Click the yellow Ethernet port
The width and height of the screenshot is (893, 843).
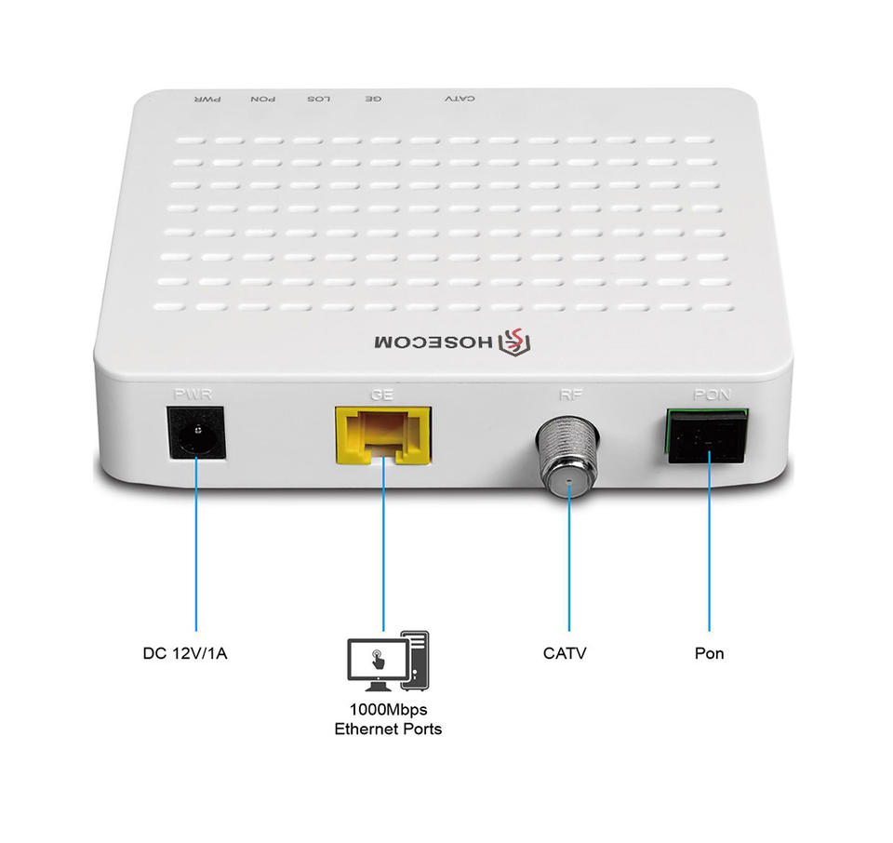[x=382, y=435]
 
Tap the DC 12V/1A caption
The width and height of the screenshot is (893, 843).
[x=185, y=653]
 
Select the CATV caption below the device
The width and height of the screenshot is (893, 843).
[x=566, y=653]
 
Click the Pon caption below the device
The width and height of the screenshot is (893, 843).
[x=709, y=653]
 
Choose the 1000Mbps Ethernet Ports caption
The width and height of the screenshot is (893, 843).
[x=388, y=719]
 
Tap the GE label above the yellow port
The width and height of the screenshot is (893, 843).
[x=381, y=395]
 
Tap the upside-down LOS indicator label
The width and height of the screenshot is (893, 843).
[x=318, y=99]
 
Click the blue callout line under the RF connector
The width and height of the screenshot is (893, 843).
[x=568, y=568]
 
